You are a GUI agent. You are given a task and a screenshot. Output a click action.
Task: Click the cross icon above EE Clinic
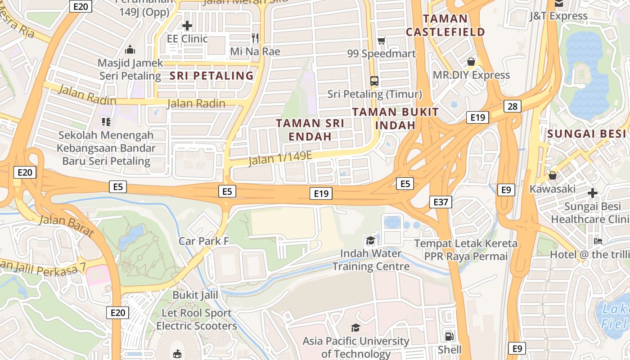pyautogui.click(x=187, y=26)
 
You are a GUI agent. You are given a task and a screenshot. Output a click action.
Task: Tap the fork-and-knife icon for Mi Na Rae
pyautogui.click(x=255, y=38)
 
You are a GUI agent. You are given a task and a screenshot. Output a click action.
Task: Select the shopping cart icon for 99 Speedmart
pyautogui.click(x=381, y=41)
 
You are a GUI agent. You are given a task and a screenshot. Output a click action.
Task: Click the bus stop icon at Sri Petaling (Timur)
pyautogui.click(x=374, y=81)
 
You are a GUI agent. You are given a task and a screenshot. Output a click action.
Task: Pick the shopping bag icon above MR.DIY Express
pyautogui.click(x=471, y=61)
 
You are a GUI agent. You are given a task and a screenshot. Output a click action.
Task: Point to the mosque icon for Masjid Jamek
pyautogui.click(x=130, y=49)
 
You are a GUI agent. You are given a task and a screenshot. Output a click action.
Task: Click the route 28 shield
pyautogui.click(x=513, y=106)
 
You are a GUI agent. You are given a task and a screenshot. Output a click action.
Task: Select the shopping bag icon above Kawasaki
pyautogui.click(x=552, y=175)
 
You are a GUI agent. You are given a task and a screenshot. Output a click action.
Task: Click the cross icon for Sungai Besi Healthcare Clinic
pyautogui.click(x=592, y=193)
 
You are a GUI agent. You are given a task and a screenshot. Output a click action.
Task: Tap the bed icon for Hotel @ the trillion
pyautogui.click(x=598, y=241)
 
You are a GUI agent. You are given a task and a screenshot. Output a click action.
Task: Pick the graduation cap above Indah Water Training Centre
pyautogui.click(x=370, y=241)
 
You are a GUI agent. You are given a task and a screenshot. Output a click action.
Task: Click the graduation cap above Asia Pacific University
pyautogui.click(x=355, y=328)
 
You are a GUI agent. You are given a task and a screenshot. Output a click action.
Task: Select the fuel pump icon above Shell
pyautogui.click(x=449, y=336)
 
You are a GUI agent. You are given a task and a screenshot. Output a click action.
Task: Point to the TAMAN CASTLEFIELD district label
pyautogui.click(x=445, y=25)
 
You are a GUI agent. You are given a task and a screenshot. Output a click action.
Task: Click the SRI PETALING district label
pyautogui.click(x=211, y=76)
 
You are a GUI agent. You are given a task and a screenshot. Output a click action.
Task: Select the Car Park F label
pyautogui.click(x=204, y=241)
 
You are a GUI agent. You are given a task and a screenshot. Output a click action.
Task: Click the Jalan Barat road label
pyautogui.click(x=67, y=226)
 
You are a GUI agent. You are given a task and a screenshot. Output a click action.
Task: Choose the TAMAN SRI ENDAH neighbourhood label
pyautogui.click(x=310, y=130)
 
